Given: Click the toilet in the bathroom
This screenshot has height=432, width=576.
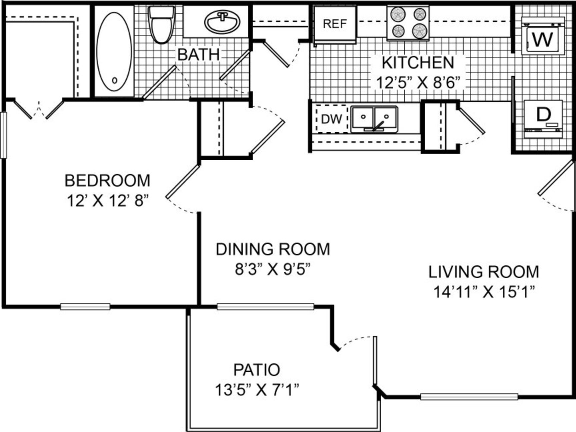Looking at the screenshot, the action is point(161,25).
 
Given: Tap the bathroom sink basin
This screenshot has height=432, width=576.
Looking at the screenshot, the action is point(222,22).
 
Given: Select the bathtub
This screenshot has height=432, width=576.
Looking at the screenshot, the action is point(114,51).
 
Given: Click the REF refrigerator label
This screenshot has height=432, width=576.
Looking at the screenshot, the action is point(335,24).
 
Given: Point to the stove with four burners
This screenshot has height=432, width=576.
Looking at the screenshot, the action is point(408,23).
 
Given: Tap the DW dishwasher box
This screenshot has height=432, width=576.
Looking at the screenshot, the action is point(332,119).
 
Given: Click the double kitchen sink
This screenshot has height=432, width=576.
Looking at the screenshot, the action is point(375,119).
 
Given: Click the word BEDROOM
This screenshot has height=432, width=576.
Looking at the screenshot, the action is point(107,180).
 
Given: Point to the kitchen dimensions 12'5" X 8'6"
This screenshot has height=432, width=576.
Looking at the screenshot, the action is point(418,83).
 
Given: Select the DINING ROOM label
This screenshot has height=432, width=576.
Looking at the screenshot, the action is point(272,249).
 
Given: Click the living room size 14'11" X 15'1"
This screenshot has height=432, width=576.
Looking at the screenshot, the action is point(484,292).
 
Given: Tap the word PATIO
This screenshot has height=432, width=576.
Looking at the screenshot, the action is point(257,370).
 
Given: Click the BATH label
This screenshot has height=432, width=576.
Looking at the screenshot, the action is point(198,55).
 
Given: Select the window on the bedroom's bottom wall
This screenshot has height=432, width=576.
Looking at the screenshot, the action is point(85,307).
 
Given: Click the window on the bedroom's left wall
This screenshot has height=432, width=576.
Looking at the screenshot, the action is point(3,135).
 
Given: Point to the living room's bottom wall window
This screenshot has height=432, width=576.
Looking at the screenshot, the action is point(469,397).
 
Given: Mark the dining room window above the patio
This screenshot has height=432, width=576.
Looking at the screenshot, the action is point(266,307).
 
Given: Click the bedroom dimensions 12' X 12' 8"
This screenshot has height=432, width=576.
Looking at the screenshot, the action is point(108,201).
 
